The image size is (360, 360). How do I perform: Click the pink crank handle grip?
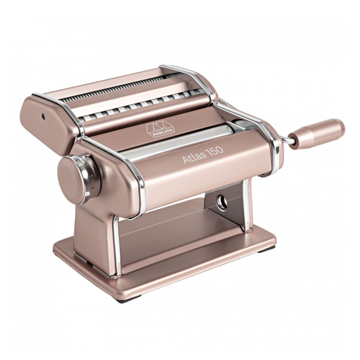click(316, 134)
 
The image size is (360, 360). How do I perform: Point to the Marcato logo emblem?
click(161, 129)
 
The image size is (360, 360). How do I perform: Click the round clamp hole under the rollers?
click(222, 202)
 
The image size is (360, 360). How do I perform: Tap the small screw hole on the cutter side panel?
click(43, 117)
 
